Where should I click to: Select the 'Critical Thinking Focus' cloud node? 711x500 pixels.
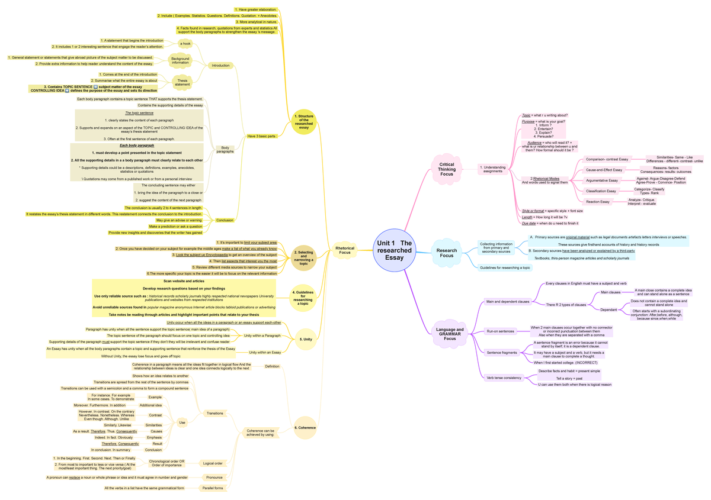[447, 170]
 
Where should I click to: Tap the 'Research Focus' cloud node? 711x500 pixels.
[447, 253]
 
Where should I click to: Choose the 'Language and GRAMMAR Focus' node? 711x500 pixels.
[450, 334]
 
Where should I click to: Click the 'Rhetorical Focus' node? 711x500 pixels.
[345, 250]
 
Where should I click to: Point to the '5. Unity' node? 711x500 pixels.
[307, 339]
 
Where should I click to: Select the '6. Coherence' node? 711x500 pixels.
[305, 427]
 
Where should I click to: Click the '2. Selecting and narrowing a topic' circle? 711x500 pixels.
[303, 258]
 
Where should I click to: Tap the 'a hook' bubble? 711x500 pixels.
[185, 43]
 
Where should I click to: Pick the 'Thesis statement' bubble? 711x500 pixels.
[182, 82]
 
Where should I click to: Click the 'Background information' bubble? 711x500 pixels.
[180, 60]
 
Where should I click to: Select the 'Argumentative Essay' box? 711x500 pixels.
[601, 180]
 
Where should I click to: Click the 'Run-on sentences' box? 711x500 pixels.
[500, 331]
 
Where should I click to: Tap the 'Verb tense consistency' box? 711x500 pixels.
[504, 378]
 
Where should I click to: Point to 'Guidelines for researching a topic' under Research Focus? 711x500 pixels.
[505, 267]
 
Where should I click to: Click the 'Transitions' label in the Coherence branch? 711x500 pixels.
[214, 413]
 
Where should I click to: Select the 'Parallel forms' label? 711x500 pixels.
[212, 488]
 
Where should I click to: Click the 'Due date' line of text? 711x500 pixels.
[550, 223]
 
